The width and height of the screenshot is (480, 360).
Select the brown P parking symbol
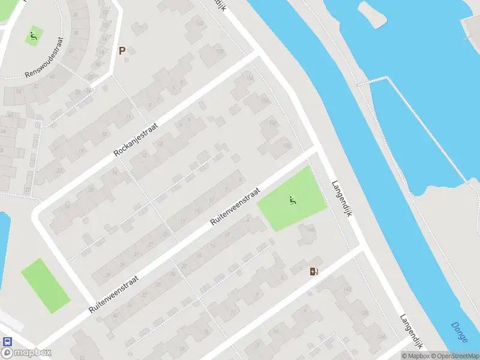tap(122, 51)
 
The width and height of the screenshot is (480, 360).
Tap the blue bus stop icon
tap(7, 341)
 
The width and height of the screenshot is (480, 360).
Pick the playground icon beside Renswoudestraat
tap(34, 35)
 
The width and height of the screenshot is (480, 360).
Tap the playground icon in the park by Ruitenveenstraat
tap(293, 200)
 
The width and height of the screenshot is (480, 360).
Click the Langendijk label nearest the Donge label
tap(413, 332)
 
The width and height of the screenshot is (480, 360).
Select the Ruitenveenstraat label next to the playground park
tap(235, 206)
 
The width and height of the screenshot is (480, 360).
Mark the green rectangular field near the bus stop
tap(46, 286)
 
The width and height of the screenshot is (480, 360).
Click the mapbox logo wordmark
tap(26, 353)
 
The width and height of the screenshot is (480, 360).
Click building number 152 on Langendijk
tap(273, 123)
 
